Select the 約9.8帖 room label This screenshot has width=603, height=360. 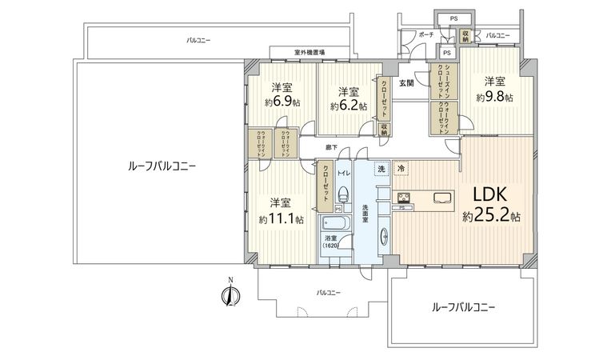(x=493, y=89)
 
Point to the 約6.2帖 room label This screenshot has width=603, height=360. (x=348, y=98)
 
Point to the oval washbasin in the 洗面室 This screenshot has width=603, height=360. (x=385, y=235)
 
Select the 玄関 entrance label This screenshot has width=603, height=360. (x=406, y=82)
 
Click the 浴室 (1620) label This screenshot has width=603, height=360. (x=331, y=242)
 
